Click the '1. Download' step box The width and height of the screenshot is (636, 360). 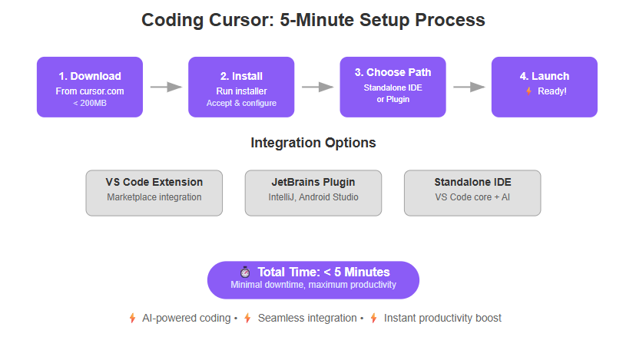(90, 88)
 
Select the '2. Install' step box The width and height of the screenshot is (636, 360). (241, 88)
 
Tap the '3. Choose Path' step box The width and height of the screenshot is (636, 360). (393, 88)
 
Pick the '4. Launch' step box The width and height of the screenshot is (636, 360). (545, 88)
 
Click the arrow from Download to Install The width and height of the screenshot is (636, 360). (166, 87)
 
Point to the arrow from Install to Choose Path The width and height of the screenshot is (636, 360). (317, 87)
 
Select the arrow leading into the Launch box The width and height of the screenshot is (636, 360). (469, 87)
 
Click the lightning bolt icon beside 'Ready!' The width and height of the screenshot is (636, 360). (529, 91)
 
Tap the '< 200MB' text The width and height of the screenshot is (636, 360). (90, 103)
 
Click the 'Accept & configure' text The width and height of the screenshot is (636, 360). (241, 103)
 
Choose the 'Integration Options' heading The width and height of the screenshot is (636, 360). (313, 143)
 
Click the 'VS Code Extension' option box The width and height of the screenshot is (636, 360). (154, 193)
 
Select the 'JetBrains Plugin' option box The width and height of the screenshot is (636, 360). (313, 193)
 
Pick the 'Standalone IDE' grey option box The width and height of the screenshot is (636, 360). (472, 193)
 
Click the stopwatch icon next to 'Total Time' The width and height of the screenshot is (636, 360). (244, 272)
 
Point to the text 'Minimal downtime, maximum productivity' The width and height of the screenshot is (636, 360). (313, 285)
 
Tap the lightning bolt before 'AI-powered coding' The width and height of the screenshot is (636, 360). (132, 319)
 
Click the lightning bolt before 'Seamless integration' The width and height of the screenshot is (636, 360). (247, 319)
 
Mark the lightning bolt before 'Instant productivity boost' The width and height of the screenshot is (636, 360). (373, 319)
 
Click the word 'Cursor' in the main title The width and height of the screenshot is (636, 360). (242, 20)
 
